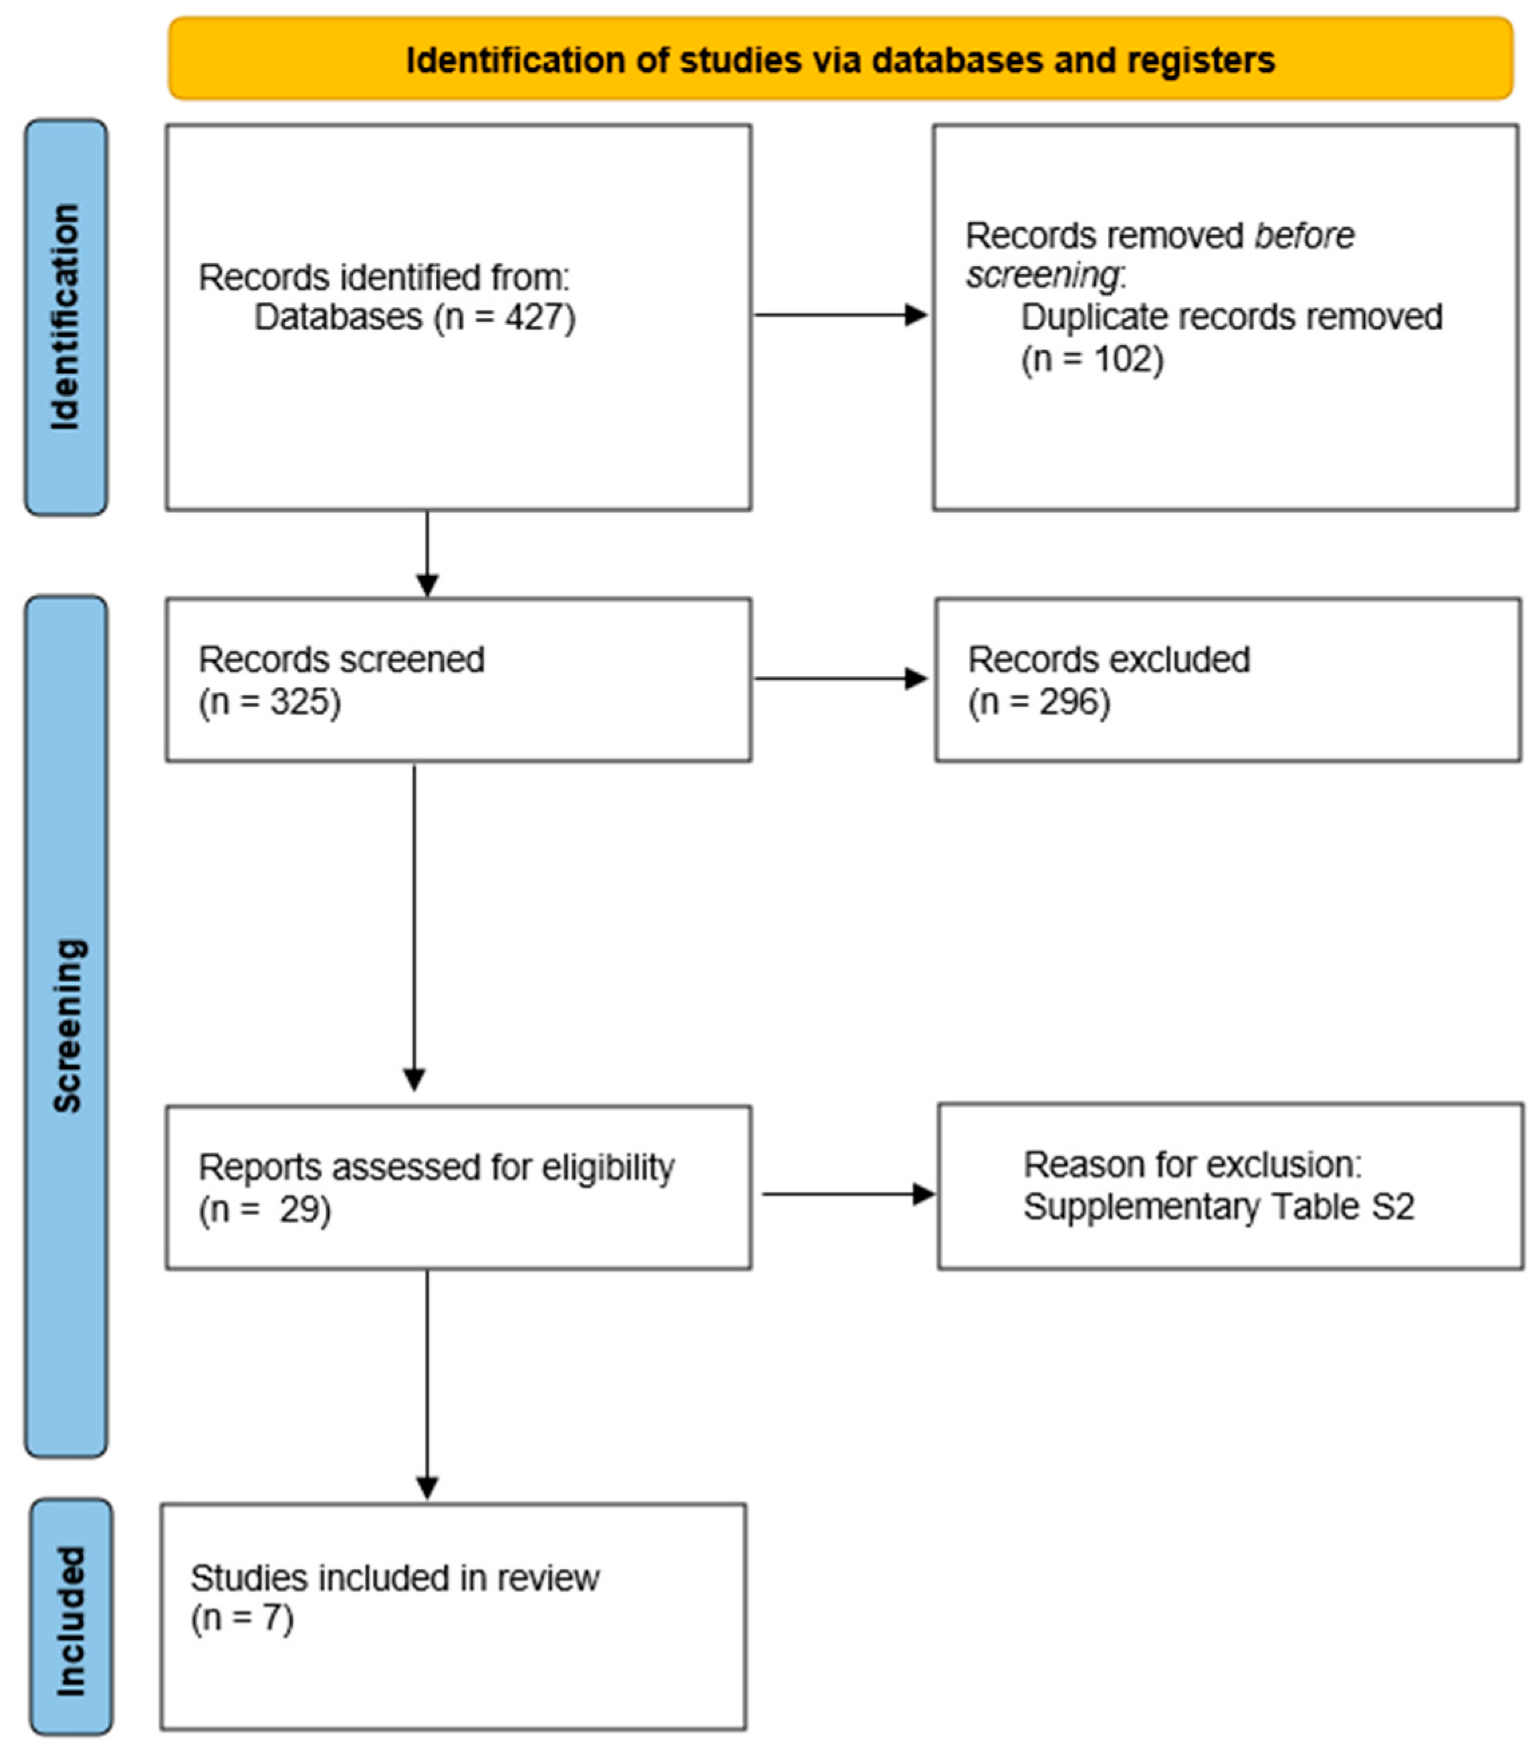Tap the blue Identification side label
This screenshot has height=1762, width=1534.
click(x=66, y=317)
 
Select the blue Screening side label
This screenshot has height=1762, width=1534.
click(x=66, y=1026)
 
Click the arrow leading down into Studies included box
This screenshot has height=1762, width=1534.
click(x=427, y=1386)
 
